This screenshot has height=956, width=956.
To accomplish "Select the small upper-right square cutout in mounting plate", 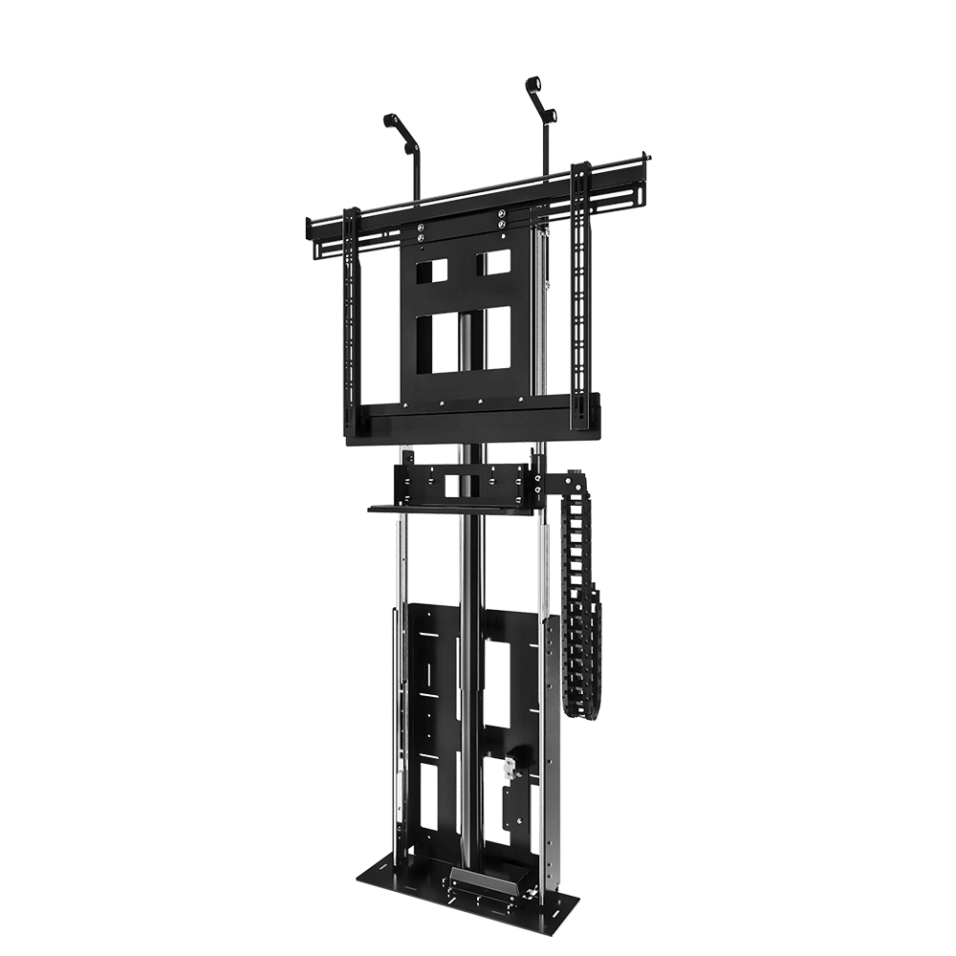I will coord(494,263).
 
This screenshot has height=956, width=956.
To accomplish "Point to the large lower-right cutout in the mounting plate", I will coord(497,339).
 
